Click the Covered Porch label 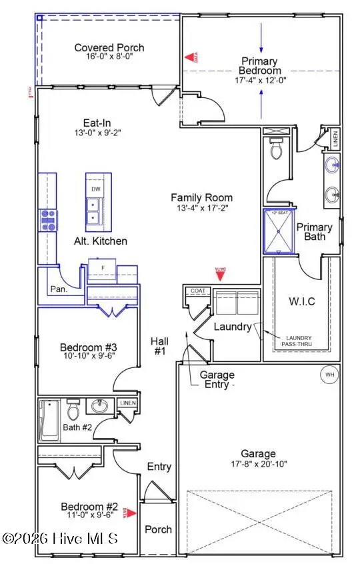109,47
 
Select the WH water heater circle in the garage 329,375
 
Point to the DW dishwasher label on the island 95,189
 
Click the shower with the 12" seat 278,231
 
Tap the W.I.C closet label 302,302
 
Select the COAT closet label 198,291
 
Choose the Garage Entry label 217,379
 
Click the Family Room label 201,197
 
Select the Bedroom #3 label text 89,347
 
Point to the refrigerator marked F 103,267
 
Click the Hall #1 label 159,345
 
